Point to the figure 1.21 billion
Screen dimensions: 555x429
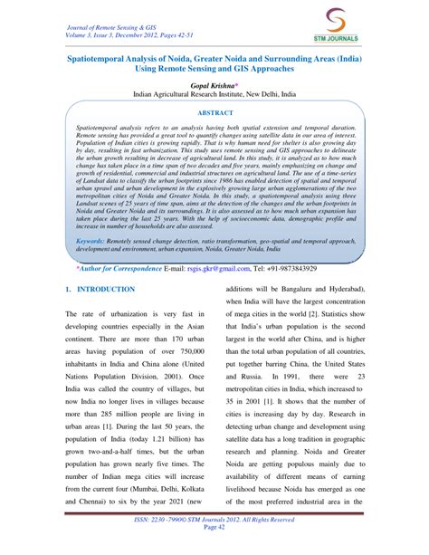163,449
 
